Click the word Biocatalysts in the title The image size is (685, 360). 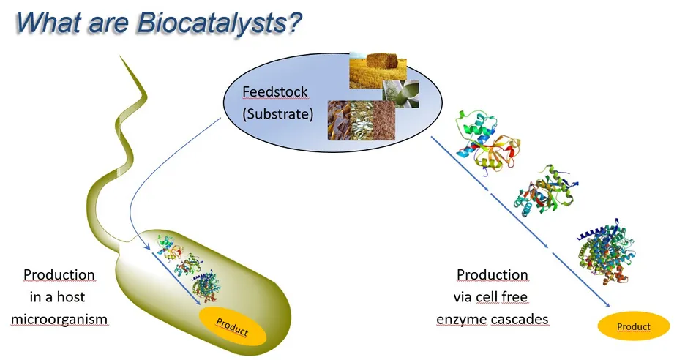[220, 23]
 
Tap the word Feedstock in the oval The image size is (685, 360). [274, 91]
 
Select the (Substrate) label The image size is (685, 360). [278, 114]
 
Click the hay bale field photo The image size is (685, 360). [378, 70]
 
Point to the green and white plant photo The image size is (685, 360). [400, 94]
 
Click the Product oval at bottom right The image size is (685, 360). [634, 326]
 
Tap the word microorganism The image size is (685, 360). [59, 319]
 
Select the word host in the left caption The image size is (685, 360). [71, 297]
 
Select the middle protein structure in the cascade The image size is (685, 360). [547, 192]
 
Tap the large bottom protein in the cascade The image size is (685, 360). [607, 252]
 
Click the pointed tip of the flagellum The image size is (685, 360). [120, 56]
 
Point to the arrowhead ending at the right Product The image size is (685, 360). [607, 305]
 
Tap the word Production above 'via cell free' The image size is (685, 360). [492, 275]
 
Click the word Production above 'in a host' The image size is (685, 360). [59, 275]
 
